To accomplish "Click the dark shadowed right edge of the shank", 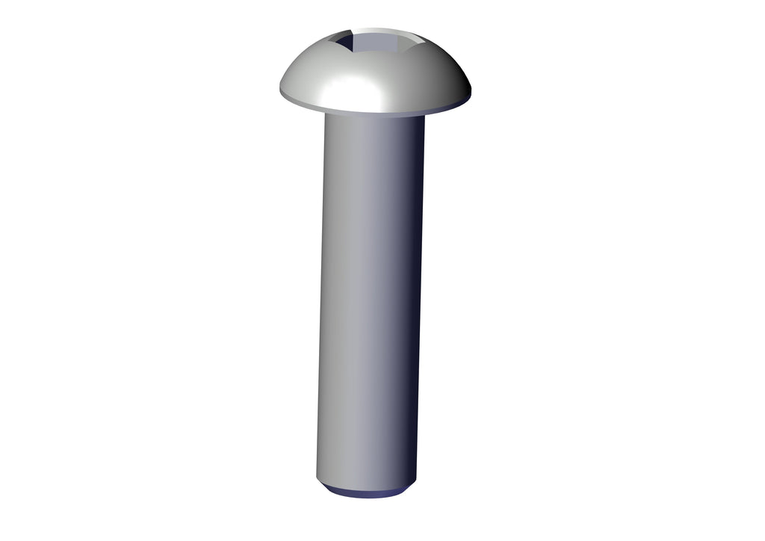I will [417, 299].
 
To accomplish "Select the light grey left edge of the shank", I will [323, 299].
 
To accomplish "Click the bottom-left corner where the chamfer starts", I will [318, 482].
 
